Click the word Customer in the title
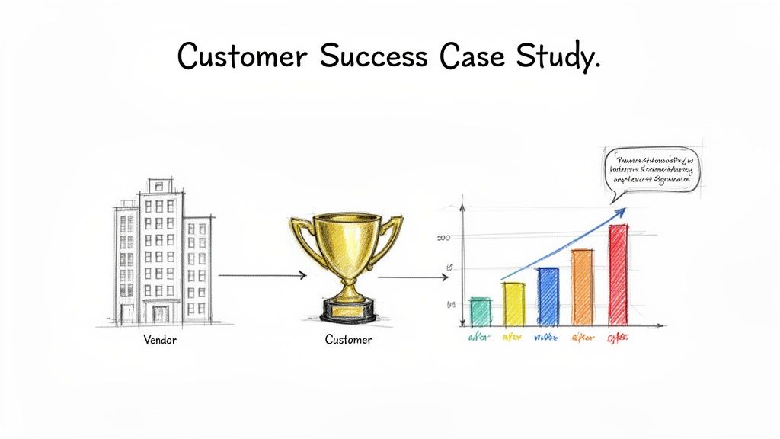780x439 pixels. (x=241, y=57)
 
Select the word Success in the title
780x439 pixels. (x=376, y=57)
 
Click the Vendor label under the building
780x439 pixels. (x=160, y=340)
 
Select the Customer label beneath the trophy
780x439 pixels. (x=348, y=340)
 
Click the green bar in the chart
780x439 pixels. (x=480, y=310)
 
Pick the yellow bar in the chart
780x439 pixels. (x=513, y=303)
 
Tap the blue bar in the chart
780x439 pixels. (x=548, y=296)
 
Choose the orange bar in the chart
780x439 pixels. (x=582, y=287)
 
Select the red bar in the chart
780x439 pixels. (x=618, y=274)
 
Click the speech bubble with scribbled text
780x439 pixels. (x=654, y=170)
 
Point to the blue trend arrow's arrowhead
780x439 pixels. (x=620, y=213)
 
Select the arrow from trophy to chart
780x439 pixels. (x=412, y=277)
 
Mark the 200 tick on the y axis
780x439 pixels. (x=445, y=238)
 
